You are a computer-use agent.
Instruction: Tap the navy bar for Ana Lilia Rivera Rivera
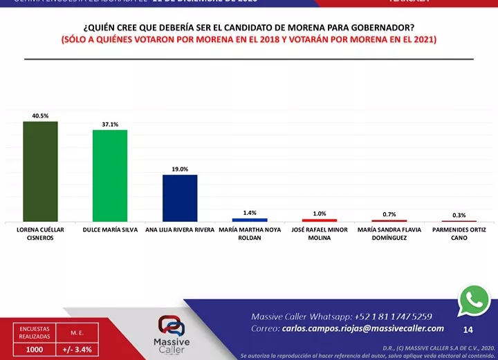(x=180, y=198)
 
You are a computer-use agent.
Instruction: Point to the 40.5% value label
(x=40, y=116)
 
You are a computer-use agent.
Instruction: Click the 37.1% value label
(x=110, y=124)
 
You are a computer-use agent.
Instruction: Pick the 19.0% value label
(x=180, y=169)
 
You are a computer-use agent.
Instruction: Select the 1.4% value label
(x=250, y=213)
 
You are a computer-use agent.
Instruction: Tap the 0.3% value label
(x=459, y=216)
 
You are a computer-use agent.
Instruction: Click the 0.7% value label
(x=389, y=214)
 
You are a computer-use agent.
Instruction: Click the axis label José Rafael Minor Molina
(x=320, y=234)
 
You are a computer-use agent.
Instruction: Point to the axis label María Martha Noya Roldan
(x=250, y=234)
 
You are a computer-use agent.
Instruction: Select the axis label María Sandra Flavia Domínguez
(x=389, y=234)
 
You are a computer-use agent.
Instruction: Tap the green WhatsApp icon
(x=474, y=299)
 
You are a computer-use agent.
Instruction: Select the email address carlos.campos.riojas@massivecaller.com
(x=363, y=328)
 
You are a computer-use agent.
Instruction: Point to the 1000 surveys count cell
(x=34, y=350)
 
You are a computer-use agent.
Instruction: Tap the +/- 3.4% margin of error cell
(x=77, y=350)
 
